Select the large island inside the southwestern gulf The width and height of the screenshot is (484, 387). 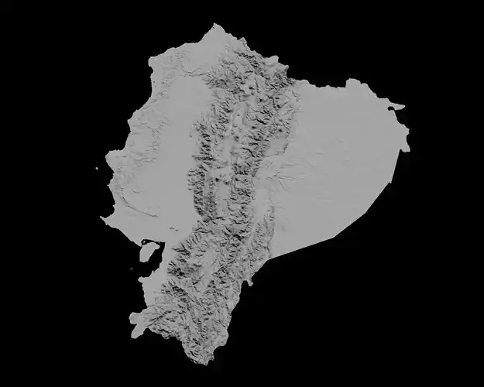click(148, 252)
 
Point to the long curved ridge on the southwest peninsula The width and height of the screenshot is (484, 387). click(132, 213)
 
